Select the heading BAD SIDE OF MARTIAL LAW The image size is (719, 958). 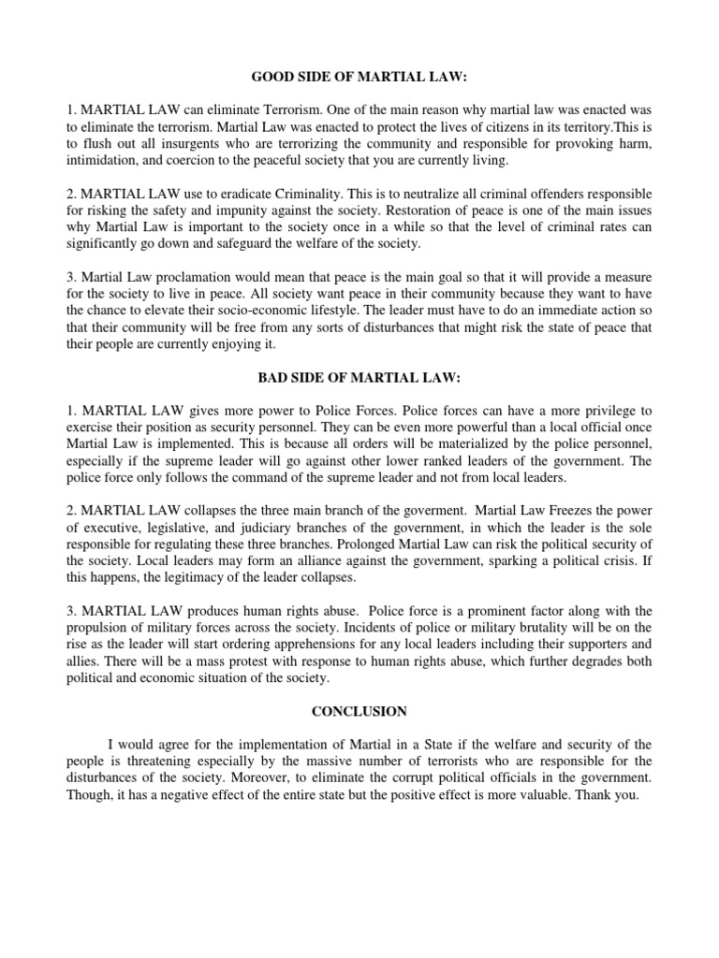359,377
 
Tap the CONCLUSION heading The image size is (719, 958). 359,711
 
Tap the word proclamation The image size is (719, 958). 198,278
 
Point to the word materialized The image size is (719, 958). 426,444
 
